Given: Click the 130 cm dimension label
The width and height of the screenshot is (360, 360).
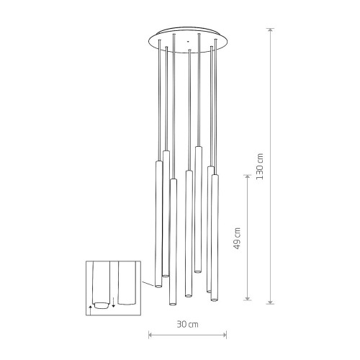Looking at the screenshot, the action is [x=260, y=166].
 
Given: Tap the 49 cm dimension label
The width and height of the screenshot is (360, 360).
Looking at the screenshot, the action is [x=237, y=238].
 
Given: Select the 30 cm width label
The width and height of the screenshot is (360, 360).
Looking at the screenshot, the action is [x=188, y=325].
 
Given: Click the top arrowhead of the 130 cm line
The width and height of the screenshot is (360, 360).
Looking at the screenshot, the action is [x=271, y=30].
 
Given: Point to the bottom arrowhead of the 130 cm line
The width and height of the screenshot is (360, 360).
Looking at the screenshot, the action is [x=271, y=302].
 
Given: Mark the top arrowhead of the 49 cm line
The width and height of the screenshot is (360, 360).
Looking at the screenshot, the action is [x=248, y=177].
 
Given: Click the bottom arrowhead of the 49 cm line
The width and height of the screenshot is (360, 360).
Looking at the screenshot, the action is [x=248, y=298].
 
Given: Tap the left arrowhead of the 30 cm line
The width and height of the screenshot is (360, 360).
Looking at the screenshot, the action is [x=150, y=335].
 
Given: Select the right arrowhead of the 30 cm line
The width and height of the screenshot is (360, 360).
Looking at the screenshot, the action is [x=225, y=335].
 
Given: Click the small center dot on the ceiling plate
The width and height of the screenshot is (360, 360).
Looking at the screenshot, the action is [x=188, y=41].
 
